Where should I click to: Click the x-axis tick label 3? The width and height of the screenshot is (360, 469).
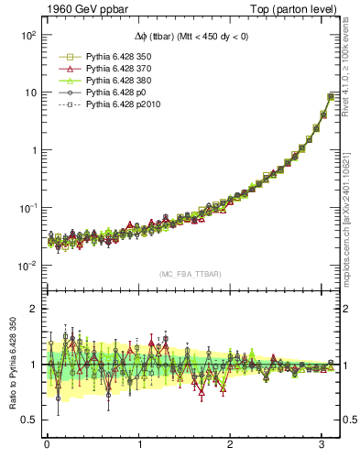(322, 445)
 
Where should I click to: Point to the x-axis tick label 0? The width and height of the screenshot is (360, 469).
(47, 445)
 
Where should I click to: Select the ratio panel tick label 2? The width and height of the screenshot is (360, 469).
(32, 310)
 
